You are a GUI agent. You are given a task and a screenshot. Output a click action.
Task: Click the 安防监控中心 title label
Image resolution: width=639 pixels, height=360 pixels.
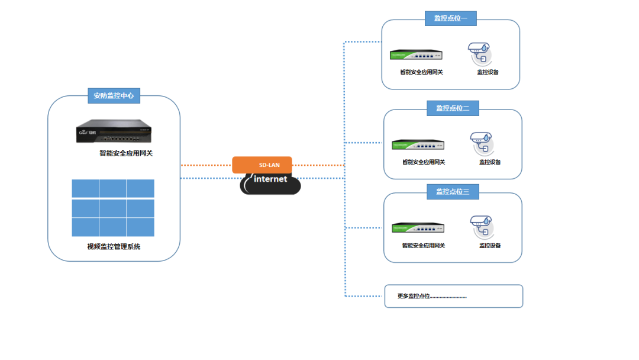coord(114,95)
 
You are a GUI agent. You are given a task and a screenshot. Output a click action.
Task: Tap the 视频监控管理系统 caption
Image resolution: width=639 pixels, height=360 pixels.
coord(114,246)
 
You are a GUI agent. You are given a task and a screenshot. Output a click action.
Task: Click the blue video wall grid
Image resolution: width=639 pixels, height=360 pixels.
coord(113,208)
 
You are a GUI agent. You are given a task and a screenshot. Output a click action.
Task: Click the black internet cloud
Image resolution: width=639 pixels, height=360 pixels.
coord(270,183)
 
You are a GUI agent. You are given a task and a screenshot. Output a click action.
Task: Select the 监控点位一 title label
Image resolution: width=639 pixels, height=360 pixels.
coord(450,18)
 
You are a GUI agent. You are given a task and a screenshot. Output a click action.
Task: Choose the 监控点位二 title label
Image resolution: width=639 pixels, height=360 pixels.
coord(453,108)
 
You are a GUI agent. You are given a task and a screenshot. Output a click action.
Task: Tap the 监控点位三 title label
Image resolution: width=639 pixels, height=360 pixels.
coord(453,191)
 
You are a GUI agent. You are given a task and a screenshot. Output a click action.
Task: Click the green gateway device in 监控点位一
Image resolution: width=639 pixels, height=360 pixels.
coord(416,55)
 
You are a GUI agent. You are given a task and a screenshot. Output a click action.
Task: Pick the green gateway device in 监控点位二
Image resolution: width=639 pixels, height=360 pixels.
coord(418,144)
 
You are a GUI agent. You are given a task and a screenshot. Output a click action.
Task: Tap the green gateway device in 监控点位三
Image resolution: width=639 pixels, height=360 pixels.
coord(418,228)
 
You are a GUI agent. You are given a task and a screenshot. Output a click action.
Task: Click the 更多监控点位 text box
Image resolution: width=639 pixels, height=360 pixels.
coord(453,296)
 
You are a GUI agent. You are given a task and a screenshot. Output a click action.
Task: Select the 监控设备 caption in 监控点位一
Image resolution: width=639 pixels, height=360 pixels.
coord(488,72)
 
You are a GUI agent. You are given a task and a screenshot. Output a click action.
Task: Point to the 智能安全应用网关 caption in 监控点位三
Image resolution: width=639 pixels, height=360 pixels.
coord(424,245)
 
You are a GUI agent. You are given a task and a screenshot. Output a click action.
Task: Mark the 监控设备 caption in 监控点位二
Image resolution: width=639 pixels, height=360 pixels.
coord(490,162)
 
